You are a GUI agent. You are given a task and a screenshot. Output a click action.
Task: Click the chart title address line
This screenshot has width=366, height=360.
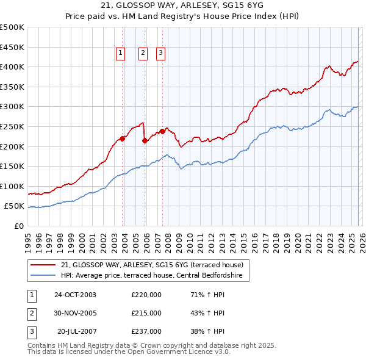(182, 6)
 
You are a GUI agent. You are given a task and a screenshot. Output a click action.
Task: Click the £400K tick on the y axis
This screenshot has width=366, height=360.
(13, 67)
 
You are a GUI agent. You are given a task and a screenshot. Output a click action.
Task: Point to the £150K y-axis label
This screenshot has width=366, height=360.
(13, 166)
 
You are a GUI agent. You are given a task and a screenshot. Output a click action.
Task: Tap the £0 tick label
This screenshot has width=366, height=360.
(19, 226)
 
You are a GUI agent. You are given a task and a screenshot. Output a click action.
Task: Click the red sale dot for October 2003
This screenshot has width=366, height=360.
(122, 139)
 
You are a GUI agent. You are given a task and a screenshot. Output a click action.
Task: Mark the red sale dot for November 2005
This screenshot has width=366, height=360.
(145, 140)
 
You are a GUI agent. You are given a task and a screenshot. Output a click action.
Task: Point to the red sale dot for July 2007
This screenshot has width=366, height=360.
(162, 131)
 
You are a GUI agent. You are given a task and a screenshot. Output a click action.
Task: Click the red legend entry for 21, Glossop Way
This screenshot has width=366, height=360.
(152, 265)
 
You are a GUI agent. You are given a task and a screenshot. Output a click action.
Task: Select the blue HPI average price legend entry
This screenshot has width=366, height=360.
(152, 276)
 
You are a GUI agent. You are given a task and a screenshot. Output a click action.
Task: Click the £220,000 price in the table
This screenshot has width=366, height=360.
(146, 295)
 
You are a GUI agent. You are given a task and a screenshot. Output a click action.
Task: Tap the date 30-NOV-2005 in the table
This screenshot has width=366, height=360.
(75, 313)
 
